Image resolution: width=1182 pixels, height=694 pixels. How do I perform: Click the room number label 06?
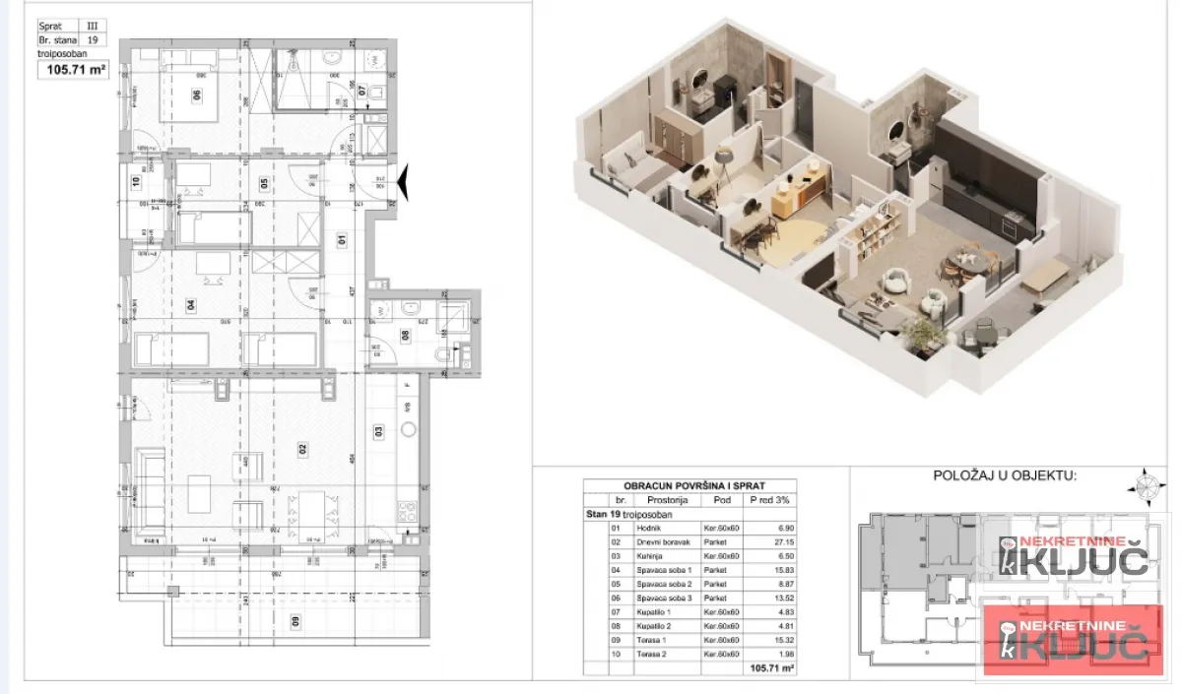197,95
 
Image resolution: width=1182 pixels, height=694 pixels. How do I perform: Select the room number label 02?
303,448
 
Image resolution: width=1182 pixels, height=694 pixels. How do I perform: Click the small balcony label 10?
136,180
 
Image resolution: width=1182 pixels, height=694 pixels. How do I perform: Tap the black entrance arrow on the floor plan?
400,183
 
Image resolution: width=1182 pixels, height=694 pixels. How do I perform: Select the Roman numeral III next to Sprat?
93,28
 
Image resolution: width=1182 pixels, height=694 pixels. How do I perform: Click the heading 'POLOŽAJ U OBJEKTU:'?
1005,475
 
